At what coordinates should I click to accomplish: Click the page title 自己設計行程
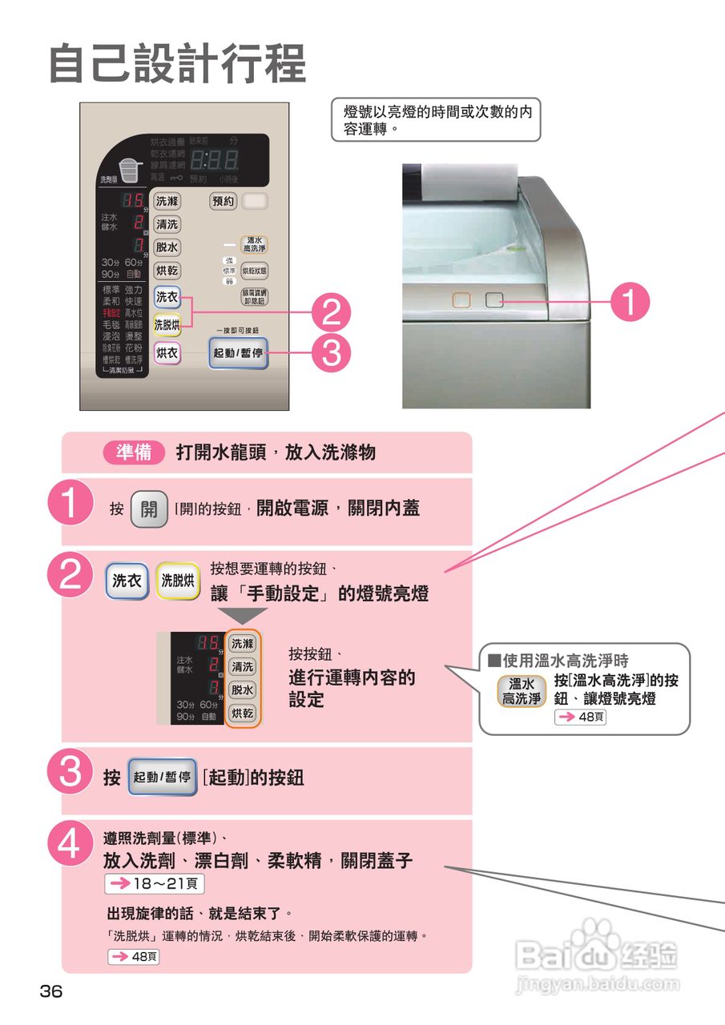(178, 64)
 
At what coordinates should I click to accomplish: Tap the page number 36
(51, 991)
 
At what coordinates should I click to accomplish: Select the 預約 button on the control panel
(224, 201)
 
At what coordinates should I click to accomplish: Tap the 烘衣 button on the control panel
(167, 353)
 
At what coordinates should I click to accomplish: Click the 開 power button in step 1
(149, 508)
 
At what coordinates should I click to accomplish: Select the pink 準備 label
(135, 452)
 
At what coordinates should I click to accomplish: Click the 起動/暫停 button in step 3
(162, 777)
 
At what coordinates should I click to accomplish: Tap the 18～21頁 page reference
(155, 883)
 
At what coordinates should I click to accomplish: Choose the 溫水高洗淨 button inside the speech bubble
(522, 691)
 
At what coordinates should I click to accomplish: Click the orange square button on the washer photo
(461, 300)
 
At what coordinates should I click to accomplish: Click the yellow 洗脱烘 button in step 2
(178, 581)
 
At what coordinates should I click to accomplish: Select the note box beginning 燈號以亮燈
(437, 119)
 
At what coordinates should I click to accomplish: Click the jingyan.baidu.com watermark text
(598, 983)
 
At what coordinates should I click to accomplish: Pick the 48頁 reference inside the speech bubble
(580, 717)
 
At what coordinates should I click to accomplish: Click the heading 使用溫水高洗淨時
(558, 661)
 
